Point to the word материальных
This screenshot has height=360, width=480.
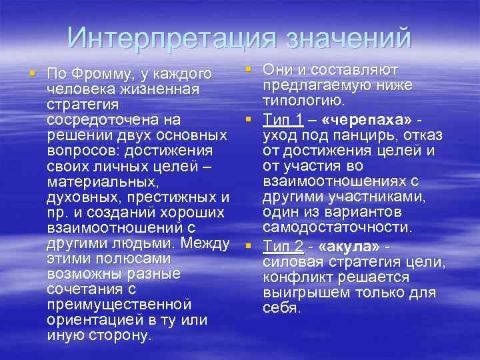[103, 181]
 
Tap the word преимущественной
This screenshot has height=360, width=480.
[119, 304]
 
